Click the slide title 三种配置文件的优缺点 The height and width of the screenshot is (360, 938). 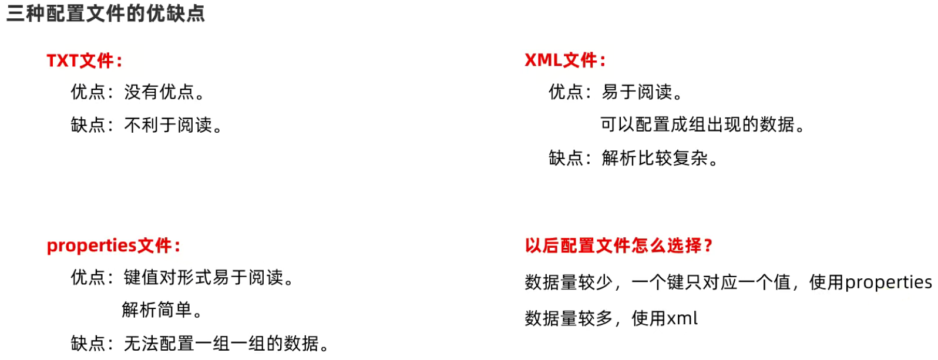tap(106, 13)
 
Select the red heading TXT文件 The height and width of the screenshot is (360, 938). tap(84, 60)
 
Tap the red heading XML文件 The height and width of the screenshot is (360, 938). tap(564, 60)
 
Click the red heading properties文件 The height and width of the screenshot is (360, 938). tap(113, 245)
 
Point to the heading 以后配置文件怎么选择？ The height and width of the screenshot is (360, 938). tap(618, 245)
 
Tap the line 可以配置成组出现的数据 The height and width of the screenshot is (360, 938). tap(701, 125)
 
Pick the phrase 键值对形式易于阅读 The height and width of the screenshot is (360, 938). tap(208, 277)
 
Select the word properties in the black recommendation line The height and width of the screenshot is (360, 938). tap(888, 282)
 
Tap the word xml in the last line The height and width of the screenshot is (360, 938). tap(682, 319)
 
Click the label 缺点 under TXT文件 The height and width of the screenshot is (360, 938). tap(88, 125)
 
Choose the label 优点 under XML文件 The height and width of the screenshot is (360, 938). tap(566, 92)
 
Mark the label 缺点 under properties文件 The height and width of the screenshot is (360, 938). tap(88, 343)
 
